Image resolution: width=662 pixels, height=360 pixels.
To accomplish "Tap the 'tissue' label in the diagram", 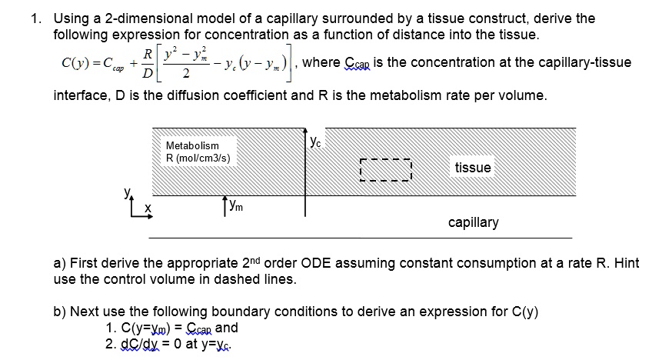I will pos(472,168).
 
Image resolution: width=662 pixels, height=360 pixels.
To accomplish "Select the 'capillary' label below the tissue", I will pos(473,222).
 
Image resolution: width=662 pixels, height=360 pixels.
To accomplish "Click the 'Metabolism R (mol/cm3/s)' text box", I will pos(198,152).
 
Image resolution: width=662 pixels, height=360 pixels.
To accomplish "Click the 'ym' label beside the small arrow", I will pos(235,204).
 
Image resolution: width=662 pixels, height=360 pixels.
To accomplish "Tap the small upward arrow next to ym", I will pos(224,204).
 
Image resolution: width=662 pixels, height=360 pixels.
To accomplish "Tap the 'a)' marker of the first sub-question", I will pos(58,263).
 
